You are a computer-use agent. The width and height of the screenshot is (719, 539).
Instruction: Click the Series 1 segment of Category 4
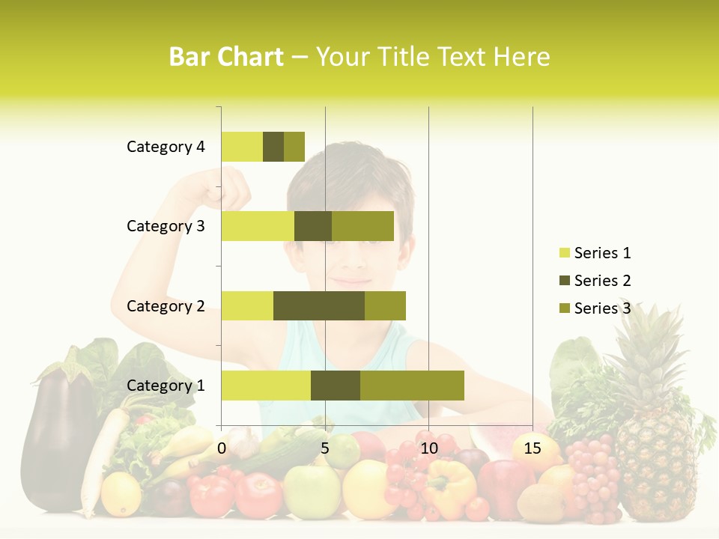(242, 147)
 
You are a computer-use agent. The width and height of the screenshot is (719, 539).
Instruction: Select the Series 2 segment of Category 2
(319, 305)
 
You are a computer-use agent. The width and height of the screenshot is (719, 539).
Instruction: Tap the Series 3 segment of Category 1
(412, 386)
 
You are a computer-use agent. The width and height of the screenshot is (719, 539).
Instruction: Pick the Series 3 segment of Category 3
(362, 226)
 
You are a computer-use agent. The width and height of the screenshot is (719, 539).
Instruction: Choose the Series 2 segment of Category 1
(336, 386)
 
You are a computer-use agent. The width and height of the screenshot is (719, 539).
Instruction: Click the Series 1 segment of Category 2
(247, 305)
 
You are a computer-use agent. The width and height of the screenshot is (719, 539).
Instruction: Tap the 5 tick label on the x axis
(325, 448)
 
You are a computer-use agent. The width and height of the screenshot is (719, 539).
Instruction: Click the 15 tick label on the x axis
(533, 448)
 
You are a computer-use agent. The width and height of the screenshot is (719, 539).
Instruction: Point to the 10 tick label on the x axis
(428, 448)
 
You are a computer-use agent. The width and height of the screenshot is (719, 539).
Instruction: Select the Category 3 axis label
(166, 226)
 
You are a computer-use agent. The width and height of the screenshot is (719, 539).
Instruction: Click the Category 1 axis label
(166, 386)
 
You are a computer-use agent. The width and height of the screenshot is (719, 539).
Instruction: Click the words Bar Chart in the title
(226, 57)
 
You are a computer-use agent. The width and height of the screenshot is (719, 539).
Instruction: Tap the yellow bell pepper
(449, 487)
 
